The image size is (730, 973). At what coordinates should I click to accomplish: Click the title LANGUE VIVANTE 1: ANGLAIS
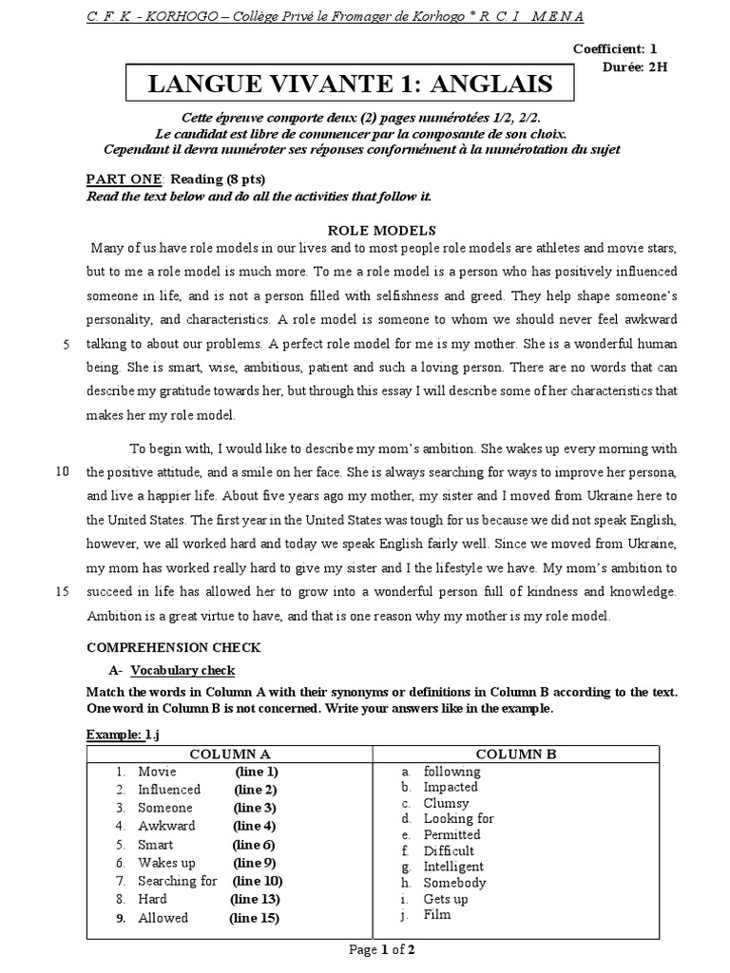coord(350,85)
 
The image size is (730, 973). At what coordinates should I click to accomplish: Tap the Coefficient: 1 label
coord(615,48)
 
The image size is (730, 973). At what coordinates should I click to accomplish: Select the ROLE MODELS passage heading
coord(381,230)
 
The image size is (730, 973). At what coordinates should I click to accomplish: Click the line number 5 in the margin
coord(66,344)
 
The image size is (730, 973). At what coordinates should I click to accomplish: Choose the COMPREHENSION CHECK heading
coord(173,647)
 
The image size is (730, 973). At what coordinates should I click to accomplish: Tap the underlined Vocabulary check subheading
coord(181,670)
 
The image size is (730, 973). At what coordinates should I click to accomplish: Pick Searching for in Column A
coord(178,881)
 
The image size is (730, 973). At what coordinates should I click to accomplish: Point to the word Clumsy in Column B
coord(446,803)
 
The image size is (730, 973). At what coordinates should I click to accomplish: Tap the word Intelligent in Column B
coord(453,867)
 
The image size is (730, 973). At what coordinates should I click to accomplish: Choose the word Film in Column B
coord(437,915)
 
